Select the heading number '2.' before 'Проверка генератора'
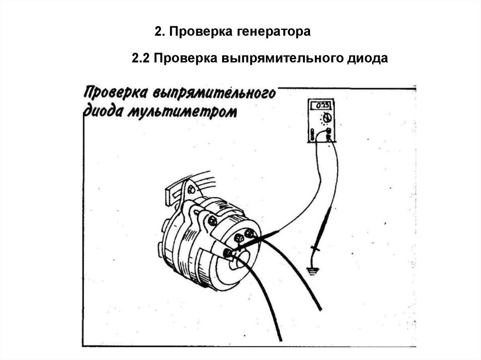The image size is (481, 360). [159, 32]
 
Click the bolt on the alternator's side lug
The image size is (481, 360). [212, 220]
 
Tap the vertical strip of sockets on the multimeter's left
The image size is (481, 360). [312, 134]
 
